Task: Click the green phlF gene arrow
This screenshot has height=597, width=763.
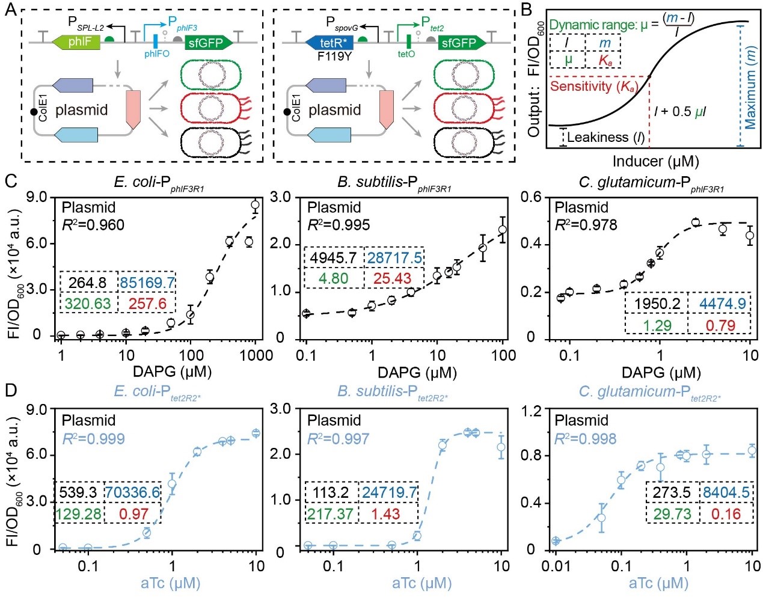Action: (76, 42)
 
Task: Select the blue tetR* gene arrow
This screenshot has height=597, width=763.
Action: (329, 42)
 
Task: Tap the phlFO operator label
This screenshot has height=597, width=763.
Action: (156, 54)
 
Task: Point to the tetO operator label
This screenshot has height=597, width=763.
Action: (406, 54)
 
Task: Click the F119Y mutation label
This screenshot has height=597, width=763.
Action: (334, 56)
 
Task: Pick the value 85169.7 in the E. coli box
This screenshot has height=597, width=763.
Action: (147, 283)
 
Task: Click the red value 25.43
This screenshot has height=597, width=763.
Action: (392, 279)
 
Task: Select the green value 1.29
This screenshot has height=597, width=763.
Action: (657, 325)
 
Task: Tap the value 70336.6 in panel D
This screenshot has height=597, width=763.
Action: (133, 493)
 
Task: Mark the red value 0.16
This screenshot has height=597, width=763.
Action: (726, 514)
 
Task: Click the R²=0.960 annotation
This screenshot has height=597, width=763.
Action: (93, 225)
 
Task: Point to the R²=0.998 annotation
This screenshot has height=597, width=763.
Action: (585, 439)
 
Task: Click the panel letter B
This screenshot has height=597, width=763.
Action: (526, 10)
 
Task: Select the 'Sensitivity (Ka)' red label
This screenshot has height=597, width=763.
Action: (592, 86)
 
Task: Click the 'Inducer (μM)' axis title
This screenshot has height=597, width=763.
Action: (655, 161)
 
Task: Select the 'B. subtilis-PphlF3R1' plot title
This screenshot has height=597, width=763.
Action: (394, 182)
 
